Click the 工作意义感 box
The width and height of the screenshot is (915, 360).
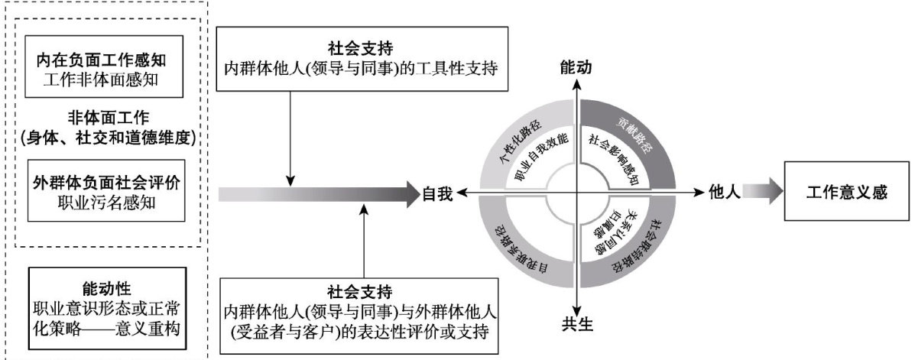click(846, 193)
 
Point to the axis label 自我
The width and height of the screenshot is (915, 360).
click(438, 194)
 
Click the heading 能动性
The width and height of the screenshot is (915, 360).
click(107, 288)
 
